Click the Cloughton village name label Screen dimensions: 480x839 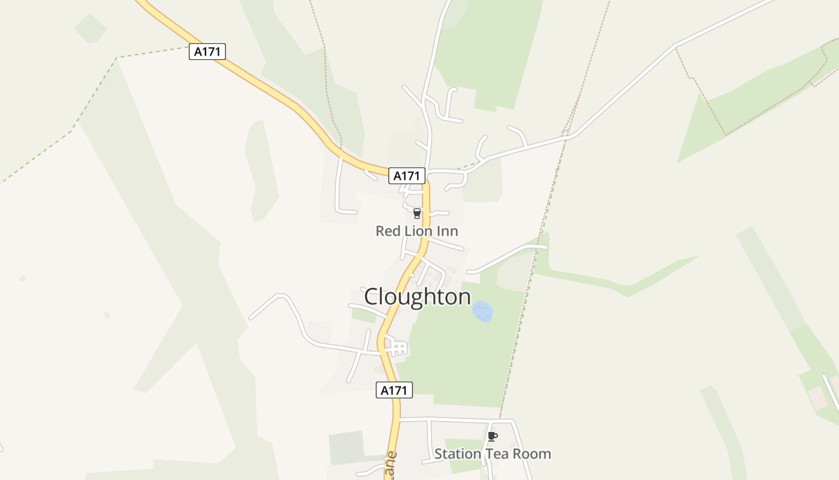click(417, 297)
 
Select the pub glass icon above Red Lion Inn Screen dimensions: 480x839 click(417, 214)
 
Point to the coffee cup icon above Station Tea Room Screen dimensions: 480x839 click(493, 437)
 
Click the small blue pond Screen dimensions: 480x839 click(482, 311)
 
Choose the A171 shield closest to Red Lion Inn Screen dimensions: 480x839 click(407, 176)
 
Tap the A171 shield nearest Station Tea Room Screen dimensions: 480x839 click(394, 390)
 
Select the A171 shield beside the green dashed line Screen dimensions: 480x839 click(207, 52)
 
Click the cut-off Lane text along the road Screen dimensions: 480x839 click(390, 465)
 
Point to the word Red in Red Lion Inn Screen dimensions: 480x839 click(387, 231)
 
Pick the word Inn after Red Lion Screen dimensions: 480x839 click(449, 231)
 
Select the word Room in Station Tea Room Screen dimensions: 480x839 click(532, 454)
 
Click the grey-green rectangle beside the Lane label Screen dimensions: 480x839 click(346, 447)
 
